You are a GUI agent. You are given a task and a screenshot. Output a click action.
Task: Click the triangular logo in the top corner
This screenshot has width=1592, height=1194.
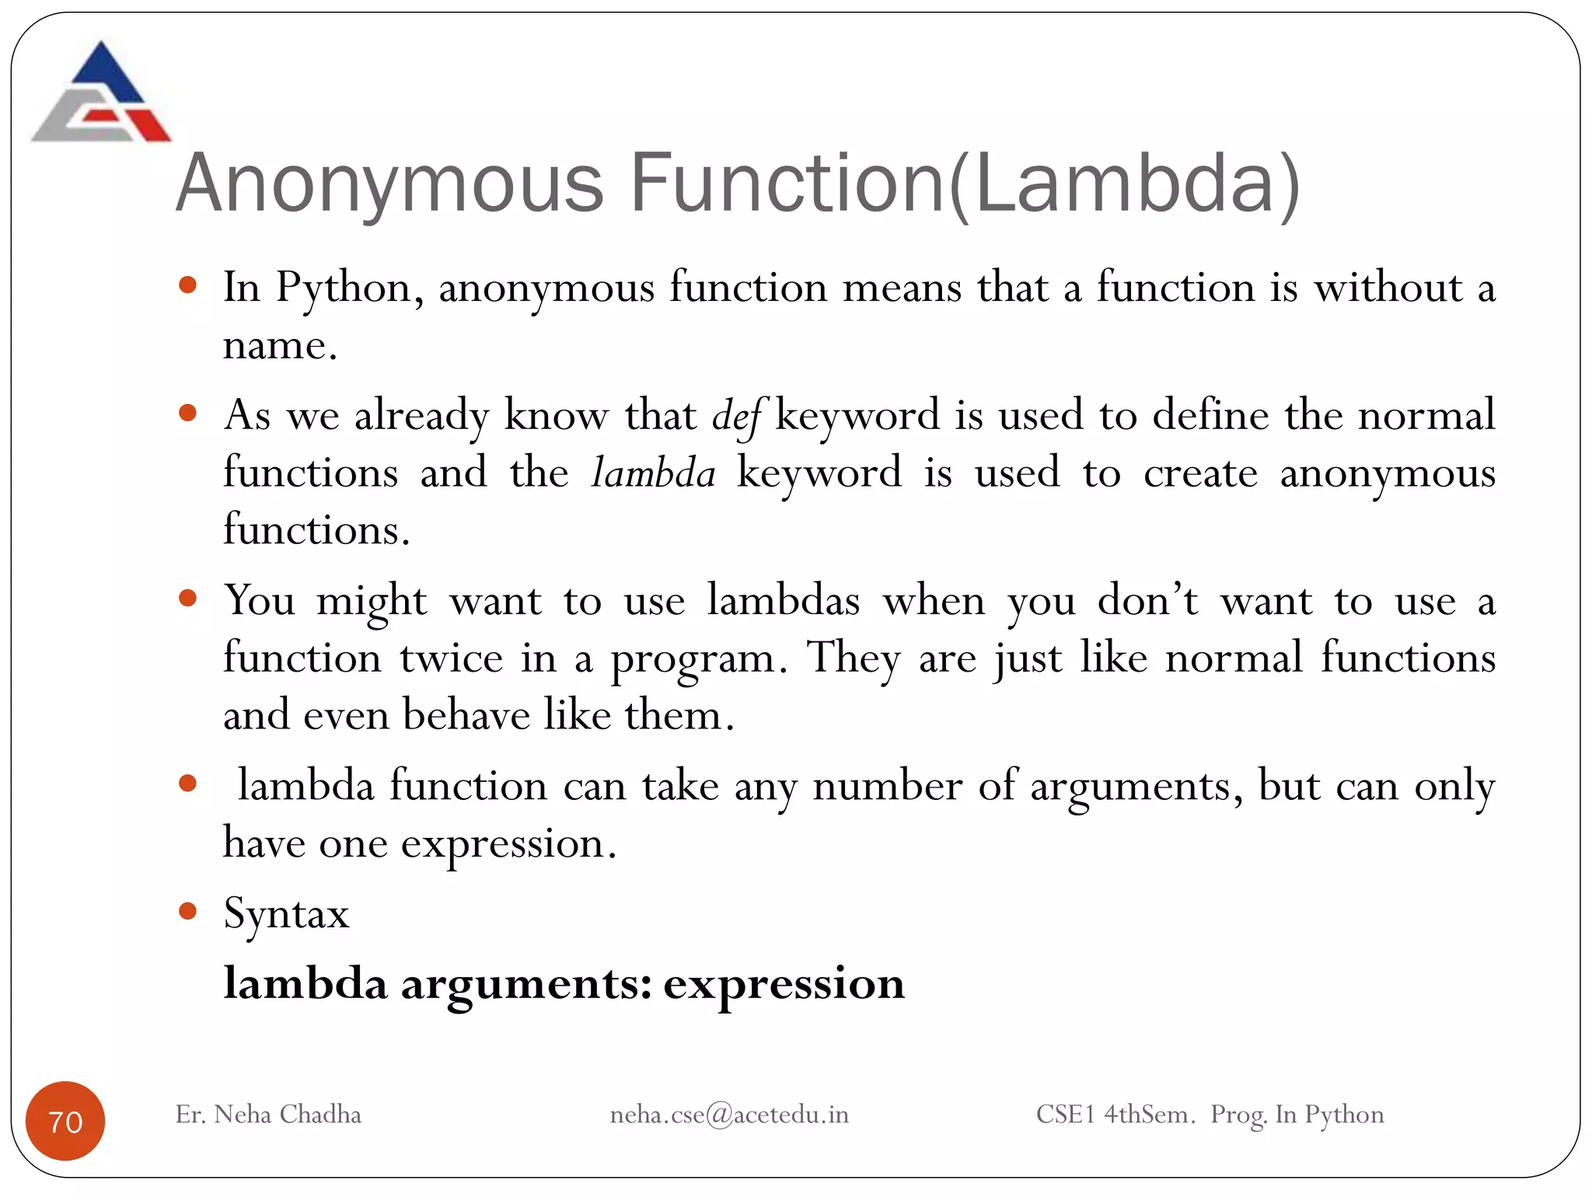tap(101, 93)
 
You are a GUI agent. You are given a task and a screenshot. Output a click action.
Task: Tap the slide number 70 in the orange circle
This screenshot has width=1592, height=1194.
tap(65, 1121)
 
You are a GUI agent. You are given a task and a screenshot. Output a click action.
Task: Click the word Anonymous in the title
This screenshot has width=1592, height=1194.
tap(390, 184)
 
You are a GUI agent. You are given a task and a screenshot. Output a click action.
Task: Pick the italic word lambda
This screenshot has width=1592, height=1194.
tap(653, 473)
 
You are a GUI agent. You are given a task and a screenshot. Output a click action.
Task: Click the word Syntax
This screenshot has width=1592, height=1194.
tap(286, 913)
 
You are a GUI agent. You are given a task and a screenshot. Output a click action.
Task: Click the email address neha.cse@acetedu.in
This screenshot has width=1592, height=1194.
tap(729, 1115)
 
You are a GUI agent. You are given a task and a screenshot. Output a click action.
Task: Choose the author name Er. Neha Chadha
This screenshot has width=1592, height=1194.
tap(268, 1115)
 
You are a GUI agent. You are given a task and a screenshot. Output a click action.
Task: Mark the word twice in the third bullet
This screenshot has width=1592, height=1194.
tap(451, 658)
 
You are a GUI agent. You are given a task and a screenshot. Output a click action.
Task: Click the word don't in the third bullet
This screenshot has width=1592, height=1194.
tap(1147, 601)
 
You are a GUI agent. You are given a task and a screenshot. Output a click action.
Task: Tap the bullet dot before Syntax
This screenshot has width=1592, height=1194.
tap(187, 910)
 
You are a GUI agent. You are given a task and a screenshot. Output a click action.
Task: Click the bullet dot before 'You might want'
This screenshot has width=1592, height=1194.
tap(187, 598)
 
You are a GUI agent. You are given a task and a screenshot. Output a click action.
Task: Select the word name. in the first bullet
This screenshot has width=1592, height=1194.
tap(280, 346)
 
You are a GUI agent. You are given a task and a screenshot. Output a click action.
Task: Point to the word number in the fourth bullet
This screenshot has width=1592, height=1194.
tap(887, 786)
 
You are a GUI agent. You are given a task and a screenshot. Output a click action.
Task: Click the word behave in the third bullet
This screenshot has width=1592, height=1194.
tap(466, 715)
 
